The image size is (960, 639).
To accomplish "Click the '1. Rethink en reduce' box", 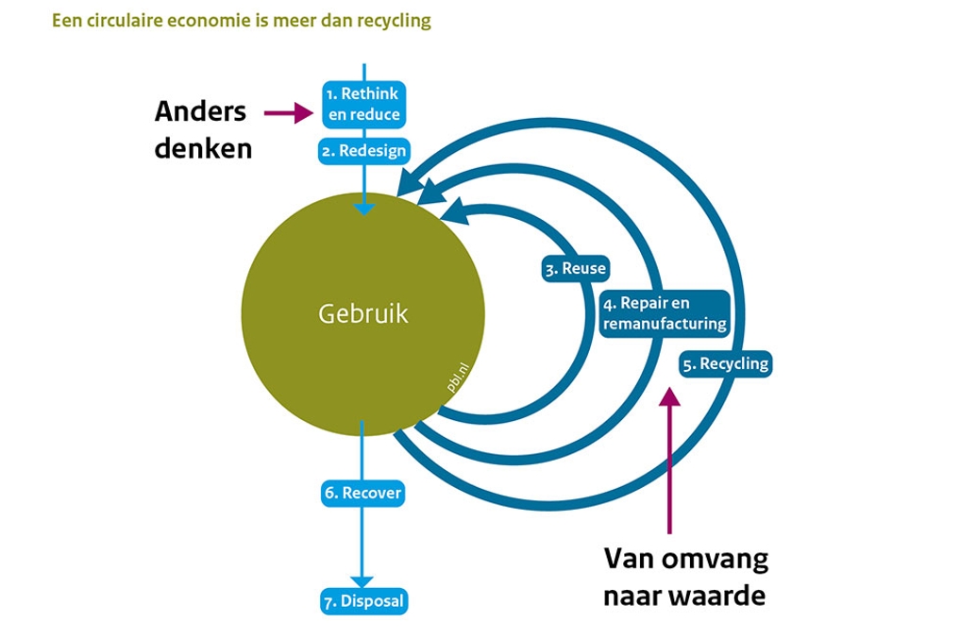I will coord(363,104).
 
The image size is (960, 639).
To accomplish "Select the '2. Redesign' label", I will coord(363,151).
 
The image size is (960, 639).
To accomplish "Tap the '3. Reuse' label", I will coord(575,269).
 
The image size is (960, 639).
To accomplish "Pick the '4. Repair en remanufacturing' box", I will coord(665,313).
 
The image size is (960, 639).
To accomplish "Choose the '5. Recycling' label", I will coord(725,363).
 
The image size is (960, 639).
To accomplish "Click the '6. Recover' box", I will coord(362,493).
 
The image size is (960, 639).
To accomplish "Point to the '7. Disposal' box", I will coord(363,601).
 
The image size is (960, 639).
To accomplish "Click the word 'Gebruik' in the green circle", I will coord(363,313).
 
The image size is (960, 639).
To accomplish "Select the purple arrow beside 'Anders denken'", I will coord(288,113).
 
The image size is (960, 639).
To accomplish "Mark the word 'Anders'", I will coord(200,111).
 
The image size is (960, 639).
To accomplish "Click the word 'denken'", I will coord(204,148).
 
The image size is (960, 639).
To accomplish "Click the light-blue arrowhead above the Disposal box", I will coord(362,581).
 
